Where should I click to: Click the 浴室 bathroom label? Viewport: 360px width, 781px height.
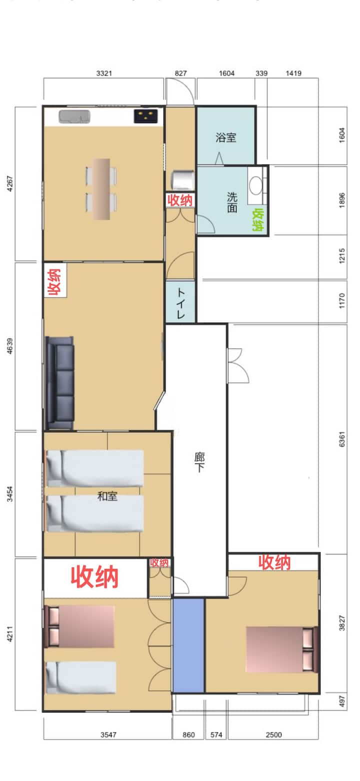[226, 137]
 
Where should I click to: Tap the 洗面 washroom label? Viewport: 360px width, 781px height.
[232, 202]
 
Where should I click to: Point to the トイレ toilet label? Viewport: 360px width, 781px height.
[180, 302]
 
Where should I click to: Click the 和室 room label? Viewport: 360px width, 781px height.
[107, 496]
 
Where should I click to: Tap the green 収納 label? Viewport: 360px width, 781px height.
[258, 219]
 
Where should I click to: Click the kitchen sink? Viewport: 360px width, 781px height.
[74, 117]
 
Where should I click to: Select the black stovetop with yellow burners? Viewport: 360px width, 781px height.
[145, 116]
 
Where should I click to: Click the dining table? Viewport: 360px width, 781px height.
[101, 189]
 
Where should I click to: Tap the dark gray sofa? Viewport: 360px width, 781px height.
[60, 382]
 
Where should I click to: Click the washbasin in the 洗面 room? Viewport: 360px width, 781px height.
[257, 185]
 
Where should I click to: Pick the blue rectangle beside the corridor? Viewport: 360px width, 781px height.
[188, 645]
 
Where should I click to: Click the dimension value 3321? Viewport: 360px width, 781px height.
[104, 73]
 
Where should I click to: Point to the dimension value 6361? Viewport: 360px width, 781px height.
[342, 439]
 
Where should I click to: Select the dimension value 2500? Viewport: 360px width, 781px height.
[273, 734]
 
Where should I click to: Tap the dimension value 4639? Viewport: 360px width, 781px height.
[10, 346]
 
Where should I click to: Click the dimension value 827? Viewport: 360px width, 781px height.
[180, 73]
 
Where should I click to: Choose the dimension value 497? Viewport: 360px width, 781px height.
[342, 701]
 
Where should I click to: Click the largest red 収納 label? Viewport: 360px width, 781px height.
[95, 577]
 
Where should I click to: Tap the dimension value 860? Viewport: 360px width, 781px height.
[188, 734]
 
